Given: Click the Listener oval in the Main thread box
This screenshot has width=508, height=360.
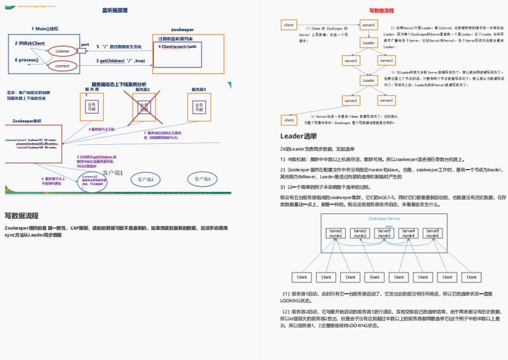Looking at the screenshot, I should point(62,52).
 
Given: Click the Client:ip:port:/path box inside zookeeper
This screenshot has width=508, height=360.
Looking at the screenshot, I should point(185,47).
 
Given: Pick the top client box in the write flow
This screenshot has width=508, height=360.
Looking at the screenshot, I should point(289,25).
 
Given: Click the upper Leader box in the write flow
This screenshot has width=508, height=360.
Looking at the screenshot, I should point(369,42).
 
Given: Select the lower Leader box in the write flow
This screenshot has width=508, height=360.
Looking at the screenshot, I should point(369,80).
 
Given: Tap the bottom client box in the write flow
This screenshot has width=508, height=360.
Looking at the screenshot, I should point(289,120).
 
